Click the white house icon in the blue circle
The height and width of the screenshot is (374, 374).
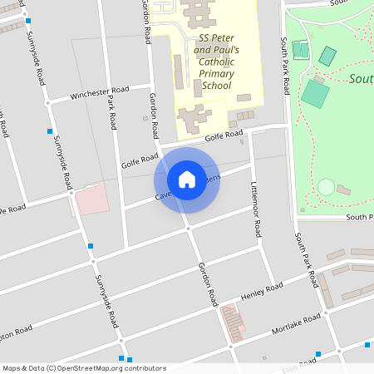point(187,180)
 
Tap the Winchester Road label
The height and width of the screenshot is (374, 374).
point(100,92)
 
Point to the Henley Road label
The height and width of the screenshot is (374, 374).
point(262,290)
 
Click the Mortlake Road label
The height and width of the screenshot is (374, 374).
point(298,323)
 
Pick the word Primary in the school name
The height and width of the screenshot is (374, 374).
point(217,73)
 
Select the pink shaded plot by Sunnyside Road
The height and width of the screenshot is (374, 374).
point(91,199)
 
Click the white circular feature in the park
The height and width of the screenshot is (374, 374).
point(326,186)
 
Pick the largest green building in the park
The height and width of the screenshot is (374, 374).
point(315,92)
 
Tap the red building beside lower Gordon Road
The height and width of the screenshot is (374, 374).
point(231,319)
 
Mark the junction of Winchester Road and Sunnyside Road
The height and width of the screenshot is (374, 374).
point(47,101)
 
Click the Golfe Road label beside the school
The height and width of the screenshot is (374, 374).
point(224,135)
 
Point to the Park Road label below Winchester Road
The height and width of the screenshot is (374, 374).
point(111,111)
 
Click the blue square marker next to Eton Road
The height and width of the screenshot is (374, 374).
point(317,355)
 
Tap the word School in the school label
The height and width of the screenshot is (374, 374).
point(216,85)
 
